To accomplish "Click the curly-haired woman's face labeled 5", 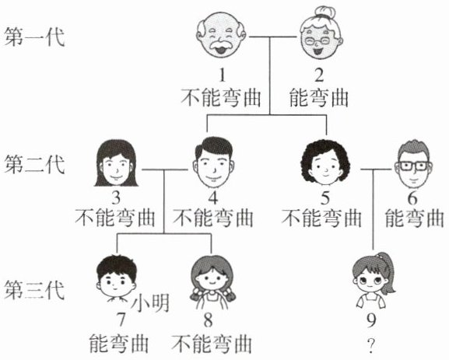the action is click(x=325, y=163).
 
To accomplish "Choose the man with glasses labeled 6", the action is click(x=413, y=164).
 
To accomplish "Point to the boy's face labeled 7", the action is click(x=116, y=278).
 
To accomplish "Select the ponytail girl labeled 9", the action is click(x=373, y=281).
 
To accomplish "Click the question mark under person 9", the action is click(x=371, y=345).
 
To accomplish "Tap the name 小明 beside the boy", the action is click(x=150, y=303).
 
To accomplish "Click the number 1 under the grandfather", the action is click(x=222, y=75).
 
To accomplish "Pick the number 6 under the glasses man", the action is click(x=412, y=198).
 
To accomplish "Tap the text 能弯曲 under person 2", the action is click(x=319, y=98).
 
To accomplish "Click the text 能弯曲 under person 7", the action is click(x=119, y=343).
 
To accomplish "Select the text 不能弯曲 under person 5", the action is click(x=321, y=218).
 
